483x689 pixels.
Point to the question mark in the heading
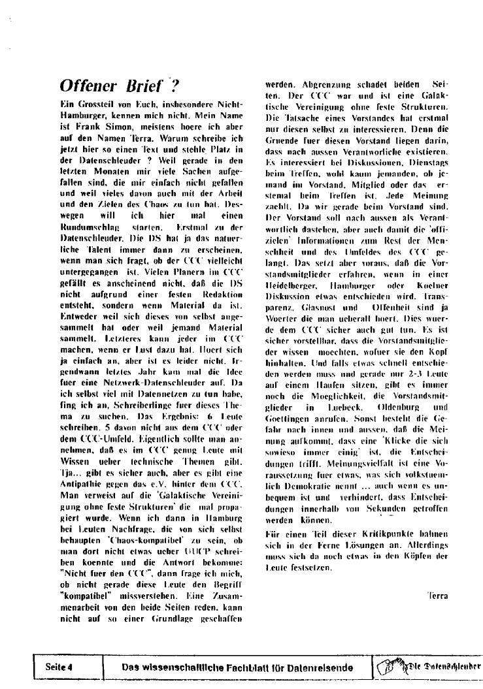click(174, 86)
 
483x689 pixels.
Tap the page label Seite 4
click(58, 667)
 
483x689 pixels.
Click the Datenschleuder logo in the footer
click(429, 667)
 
